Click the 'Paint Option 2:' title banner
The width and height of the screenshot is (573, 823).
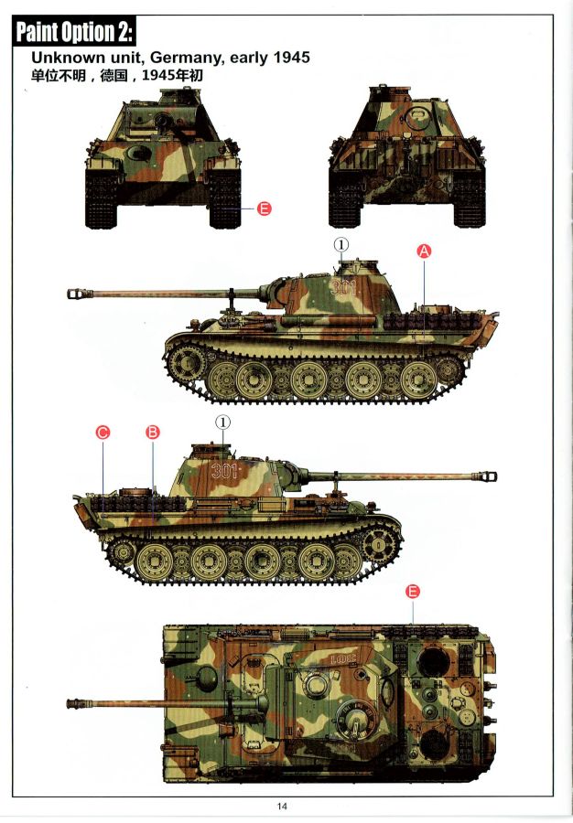tap(74, 31)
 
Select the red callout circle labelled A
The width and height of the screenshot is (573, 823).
tap(424, 251)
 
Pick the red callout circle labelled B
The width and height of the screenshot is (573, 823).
tap(152, 432)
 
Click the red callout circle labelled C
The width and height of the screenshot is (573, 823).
tap(103, 433)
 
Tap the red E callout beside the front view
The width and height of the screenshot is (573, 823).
tap(265, 208)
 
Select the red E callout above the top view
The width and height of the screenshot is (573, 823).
tap(413, 592)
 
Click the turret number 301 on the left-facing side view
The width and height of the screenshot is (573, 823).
tap(344, 288)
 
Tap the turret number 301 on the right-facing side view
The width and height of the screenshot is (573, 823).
tap(224, 471)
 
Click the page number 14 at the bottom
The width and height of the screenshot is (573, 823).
tap(282, 807)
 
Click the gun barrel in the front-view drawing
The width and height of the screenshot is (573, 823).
tap(162, 122)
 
